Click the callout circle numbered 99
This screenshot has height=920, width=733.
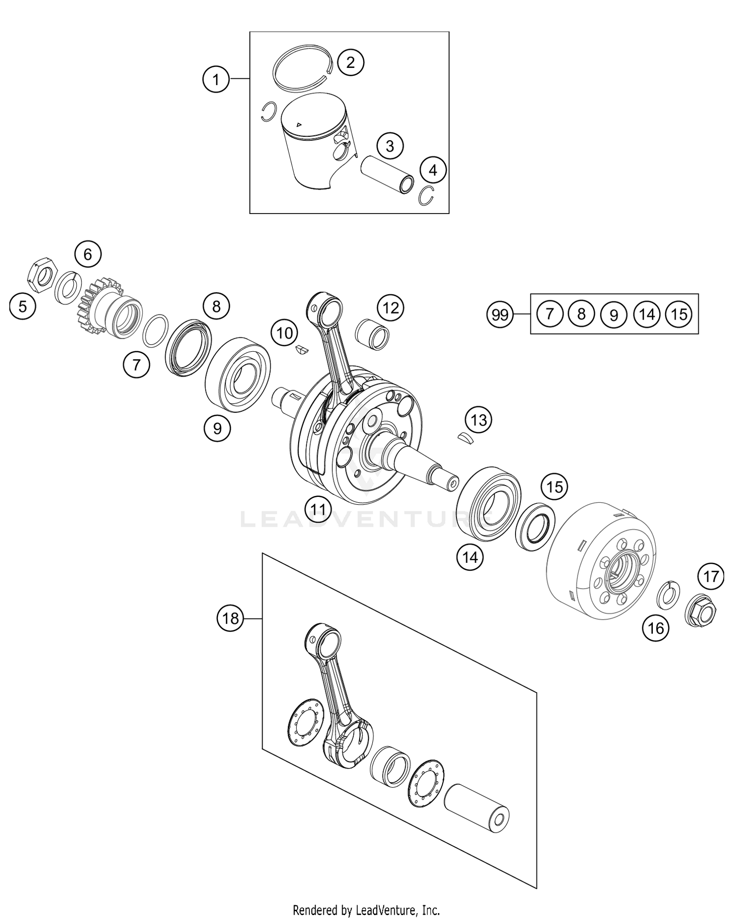[x=500, y=315]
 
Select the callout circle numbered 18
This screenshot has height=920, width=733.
[x=230, y=619]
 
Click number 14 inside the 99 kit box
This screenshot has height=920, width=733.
[x=647, y=314]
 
